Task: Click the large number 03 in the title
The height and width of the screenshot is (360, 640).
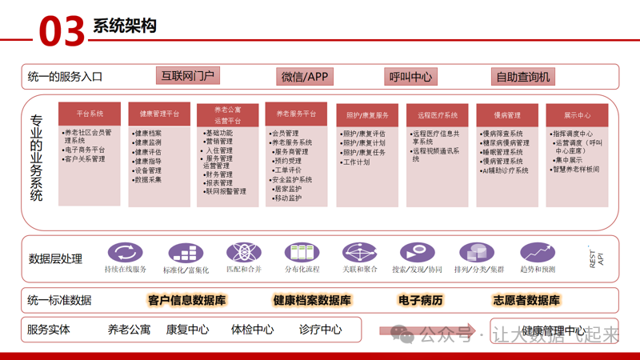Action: [62, 30]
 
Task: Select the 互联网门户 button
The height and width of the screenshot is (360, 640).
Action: [188, 76]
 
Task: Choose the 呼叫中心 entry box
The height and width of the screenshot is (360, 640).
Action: [410, 77]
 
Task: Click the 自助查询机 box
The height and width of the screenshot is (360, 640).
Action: [523, 77]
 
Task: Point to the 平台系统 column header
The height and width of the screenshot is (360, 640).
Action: [90, 114]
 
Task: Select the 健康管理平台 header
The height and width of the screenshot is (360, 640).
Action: [159, 114]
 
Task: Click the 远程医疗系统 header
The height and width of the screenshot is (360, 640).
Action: [437, 115]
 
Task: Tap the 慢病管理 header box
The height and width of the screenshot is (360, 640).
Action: [507, 115]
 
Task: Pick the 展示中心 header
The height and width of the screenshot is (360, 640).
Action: [577, 115]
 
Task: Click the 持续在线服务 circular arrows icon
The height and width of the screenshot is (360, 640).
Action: [125, 254]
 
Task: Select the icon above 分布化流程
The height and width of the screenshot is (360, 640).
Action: [302, 254]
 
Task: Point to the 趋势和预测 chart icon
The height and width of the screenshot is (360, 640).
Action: [537, 254]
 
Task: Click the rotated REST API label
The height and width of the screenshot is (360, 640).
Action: [597, 258]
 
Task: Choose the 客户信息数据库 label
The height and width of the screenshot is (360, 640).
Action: [186, 301]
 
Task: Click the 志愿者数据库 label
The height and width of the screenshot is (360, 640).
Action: [526, 301]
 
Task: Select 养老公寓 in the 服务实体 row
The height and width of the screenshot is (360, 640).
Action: [129, 330]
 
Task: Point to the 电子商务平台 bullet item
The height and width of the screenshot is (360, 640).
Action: [85, 150]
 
